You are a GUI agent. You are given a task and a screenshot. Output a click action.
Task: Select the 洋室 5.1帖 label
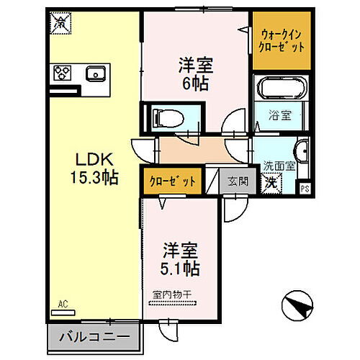[x=180, y=260]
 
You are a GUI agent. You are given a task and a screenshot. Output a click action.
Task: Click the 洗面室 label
[x=278, y=165]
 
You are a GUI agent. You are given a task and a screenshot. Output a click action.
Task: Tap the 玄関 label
[x=238, y=181]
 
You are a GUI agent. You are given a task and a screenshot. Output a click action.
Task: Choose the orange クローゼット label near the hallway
[x=172, y=181]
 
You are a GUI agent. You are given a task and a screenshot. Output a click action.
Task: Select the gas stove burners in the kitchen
[x=62, y=73]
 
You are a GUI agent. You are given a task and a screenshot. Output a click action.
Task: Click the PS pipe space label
[x=305, y=189]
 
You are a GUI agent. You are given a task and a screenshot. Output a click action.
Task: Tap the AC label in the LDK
[x=63, y=305]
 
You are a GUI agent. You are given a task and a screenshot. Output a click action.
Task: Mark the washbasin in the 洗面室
[x=302, y=153]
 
